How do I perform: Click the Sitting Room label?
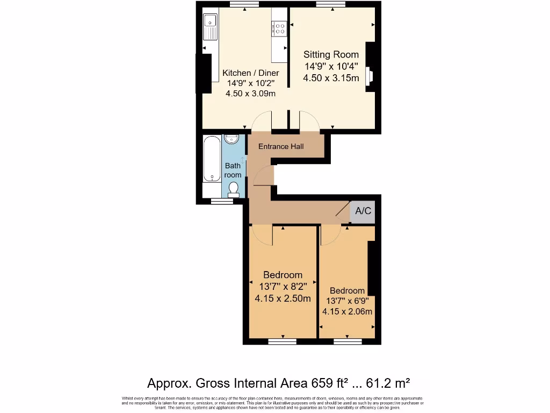(x=331, y=54)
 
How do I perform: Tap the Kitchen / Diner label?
(x=251, y=73)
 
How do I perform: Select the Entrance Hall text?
(x=281, y=146)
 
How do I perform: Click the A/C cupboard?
(x=363, y=211)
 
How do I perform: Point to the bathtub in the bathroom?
(x=211, y=160)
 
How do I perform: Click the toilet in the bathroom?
(x=233, y=189)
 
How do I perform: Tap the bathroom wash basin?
(x=231, y=139)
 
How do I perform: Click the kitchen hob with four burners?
(x=279, y=27)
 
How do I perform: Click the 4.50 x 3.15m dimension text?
(x=331, y=78)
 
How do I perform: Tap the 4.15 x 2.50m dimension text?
(x=283, y=298)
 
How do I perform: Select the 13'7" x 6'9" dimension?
(x=347, y=301)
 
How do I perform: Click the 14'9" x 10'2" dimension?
(x=251, y=83)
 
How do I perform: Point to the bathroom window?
(x=219, y=201)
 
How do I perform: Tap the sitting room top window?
(x=331, y=5)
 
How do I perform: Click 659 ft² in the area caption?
(x=329, y=383)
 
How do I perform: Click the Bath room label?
(x=233, y=170)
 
